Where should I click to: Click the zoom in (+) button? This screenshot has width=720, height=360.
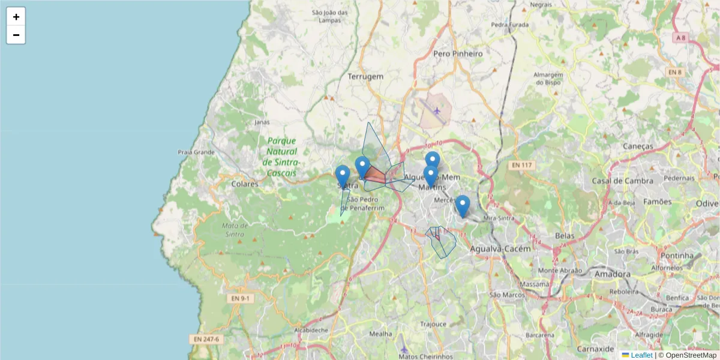[16, 17]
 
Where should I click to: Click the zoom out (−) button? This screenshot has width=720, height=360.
[16, 35]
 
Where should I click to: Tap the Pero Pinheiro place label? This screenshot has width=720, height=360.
[458, 53]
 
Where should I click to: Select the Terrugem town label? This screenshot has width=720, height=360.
[365, 77]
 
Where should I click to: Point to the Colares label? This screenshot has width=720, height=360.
[245, 184]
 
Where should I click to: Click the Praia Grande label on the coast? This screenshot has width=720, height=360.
[196, 152]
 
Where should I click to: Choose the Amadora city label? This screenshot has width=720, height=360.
[613, 274]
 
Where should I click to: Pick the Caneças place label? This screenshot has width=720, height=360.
[638, 146]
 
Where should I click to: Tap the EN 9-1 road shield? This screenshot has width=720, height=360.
[241, 298]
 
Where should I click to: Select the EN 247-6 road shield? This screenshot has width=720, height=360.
[206, 339]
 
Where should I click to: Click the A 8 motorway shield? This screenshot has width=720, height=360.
[680, 38]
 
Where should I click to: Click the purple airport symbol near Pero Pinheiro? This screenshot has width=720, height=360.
[437, 110]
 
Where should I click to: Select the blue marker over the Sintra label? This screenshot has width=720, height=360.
[343, 176]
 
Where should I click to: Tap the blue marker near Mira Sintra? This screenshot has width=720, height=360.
[462, 205]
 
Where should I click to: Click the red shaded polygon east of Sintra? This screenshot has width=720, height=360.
[375, 175]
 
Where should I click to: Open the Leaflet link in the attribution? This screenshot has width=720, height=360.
[641, 355]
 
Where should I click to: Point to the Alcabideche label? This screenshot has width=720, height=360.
[311, 329]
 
